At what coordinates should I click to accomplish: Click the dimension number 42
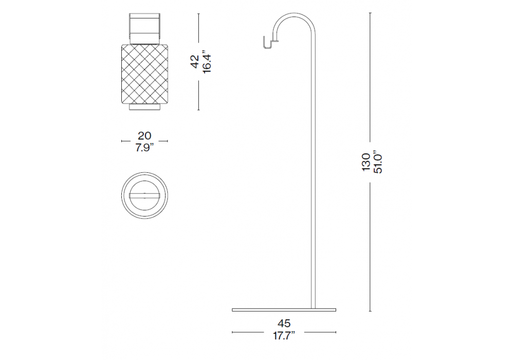pos(195,62)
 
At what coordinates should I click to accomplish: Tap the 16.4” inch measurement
pos(207,62)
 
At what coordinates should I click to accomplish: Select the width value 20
pos(144,136)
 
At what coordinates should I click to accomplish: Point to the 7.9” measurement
pos(144,148)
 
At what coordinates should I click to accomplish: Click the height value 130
pos(366,162)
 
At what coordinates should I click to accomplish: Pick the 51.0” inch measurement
pos(378,162)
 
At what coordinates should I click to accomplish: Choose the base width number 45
pos(284,323)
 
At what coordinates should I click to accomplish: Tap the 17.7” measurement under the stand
pos(284,335)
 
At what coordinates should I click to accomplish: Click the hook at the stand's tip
pos(270,43)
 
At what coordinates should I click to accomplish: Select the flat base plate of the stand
pos(284,310)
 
